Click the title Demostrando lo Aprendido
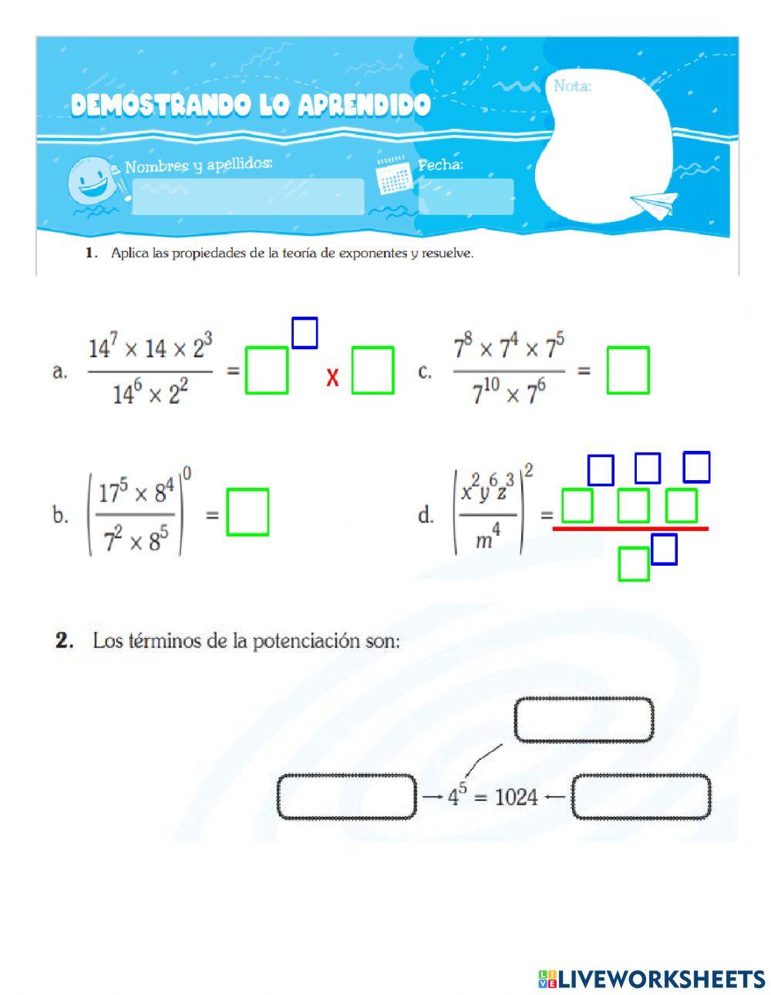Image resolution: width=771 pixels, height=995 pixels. (251, 106)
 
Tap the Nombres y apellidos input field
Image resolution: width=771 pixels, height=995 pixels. (247, 197)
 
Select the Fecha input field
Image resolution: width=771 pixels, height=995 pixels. (466, 197)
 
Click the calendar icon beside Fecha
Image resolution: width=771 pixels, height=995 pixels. (393, 175)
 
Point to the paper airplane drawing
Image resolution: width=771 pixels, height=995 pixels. (654, 203)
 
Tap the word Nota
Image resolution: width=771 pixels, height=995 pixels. (572, 86)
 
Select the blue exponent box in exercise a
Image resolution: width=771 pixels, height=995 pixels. (305, 333)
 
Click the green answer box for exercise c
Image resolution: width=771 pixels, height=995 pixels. (628, 370)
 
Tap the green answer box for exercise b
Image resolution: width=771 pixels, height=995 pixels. (247, 512)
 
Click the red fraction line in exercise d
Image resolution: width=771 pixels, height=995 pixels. (630, 529)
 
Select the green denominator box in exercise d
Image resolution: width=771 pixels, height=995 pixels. (634, 563)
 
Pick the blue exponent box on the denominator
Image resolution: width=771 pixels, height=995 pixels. (664, 550)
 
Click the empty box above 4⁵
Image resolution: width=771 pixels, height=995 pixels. (584, 720)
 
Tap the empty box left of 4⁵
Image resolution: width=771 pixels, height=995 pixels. (346, 797)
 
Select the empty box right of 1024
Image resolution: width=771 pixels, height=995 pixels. (641, 797)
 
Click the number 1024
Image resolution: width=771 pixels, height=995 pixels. (516, 797)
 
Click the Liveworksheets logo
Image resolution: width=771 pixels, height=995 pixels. (651, 979)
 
